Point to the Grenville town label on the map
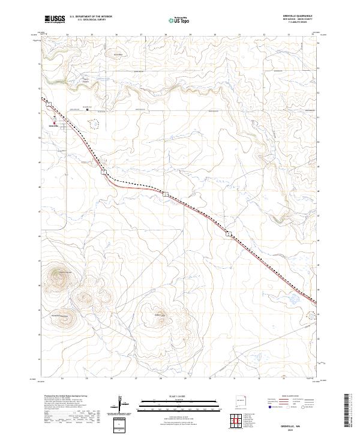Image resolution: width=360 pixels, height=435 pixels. [x=53, y=127]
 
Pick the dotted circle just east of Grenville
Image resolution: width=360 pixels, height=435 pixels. [x=94, y=124]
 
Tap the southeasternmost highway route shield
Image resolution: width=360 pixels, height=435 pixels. [x=229, y=235]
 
